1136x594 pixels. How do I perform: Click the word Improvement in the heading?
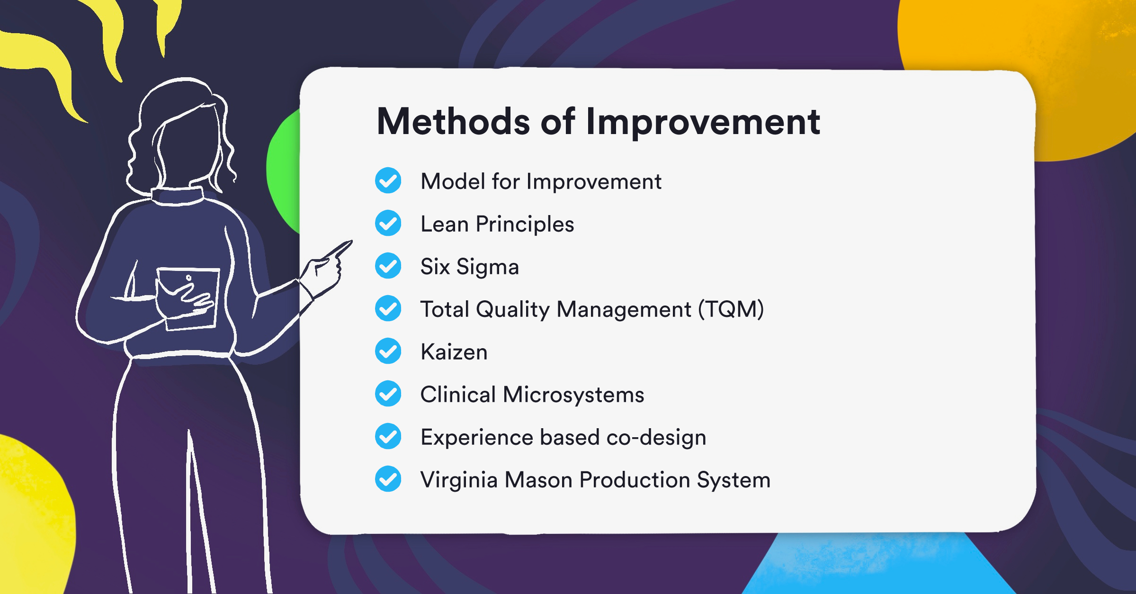coord(703,123)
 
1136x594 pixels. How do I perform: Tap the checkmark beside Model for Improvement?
coord(388,180)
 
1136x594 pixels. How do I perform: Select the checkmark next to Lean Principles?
coord(388,223)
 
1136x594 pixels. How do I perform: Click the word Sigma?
coord(487,267)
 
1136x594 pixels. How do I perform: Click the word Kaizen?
coord(454,352)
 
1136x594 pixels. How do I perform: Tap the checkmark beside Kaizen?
coord(388,351)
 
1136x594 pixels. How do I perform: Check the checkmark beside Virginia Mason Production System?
coord(388,479)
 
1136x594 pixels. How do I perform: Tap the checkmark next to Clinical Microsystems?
coord(388,394)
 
